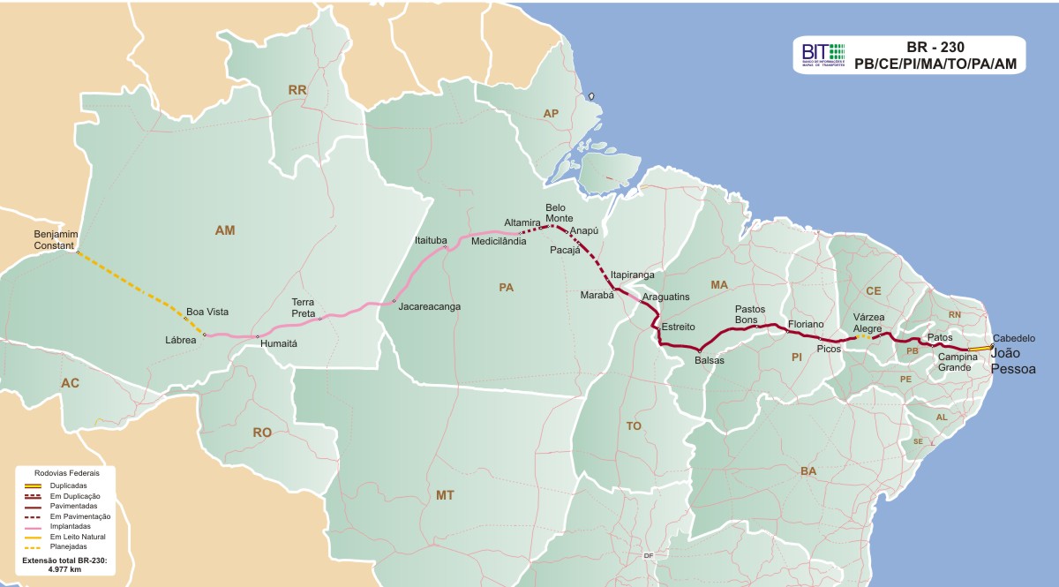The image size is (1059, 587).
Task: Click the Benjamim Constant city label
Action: [x=56, y=238]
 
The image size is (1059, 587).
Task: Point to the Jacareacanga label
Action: [x=430, y=307]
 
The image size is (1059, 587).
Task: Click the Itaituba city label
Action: [x=432, y=239]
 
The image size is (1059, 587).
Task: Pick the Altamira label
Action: [x=521, y=222]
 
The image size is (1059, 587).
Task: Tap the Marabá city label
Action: [x=597, y=295]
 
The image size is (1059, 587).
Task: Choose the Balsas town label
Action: [x=710, y=360]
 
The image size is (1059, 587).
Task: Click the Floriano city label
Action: [x=806, y=324]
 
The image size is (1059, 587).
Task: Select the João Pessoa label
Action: [x=1013, y=361]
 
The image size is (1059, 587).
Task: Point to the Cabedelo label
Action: [x=1014, y=338]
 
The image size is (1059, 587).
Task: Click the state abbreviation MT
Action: [x=445, y=495]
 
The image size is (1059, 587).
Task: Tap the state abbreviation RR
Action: [x=297, y=90]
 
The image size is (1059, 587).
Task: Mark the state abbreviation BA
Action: [x=808, y=471]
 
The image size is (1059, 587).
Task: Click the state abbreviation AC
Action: [x=70, y=382]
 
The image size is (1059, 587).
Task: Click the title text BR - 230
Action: [x=935, y=47]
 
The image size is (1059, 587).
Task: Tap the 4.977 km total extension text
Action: [x=64, y=570]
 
